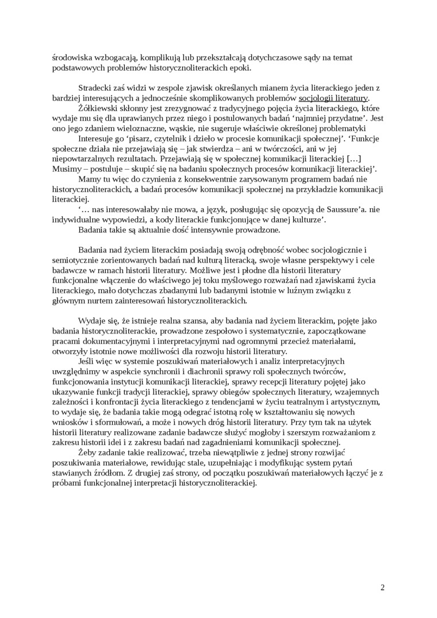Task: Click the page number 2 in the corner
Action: tap(382, 587)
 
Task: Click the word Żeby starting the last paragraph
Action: tap(88, 453)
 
